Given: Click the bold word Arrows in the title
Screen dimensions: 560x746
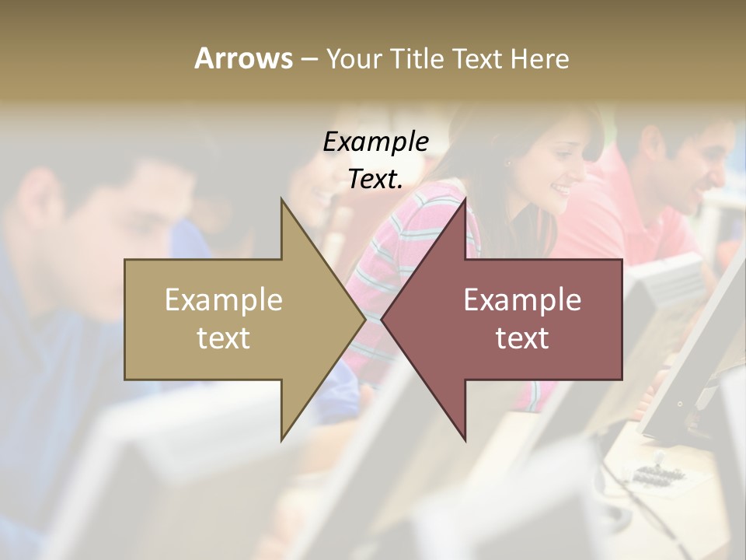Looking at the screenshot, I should (243, 58).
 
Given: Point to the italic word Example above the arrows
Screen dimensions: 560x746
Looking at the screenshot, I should (375, 142).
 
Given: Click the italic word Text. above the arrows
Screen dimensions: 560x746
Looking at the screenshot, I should (375, 180).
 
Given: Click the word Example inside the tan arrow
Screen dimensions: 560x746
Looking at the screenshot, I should (224, 300).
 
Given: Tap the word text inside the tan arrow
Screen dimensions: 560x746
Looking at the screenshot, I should (224, 338).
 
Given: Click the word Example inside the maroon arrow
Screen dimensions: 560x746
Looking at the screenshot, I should (522, 300).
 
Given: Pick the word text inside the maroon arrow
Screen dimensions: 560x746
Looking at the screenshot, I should (522, 338).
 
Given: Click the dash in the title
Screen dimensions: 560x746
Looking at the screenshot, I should (309, 60).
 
